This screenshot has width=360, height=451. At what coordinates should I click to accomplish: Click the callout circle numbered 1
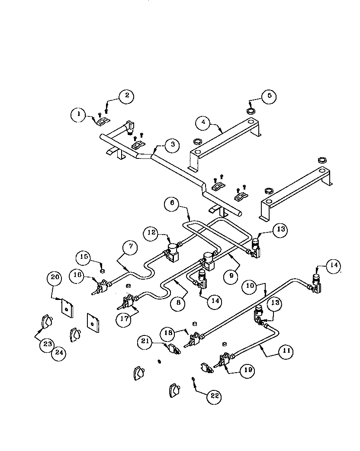coord(78,114)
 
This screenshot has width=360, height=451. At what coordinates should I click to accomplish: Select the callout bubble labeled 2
coord(126,96)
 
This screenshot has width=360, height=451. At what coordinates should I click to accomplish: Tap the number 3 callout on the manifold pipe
coord(172,145)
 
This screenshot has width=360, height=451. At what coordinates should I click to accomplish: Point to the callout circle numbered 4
coord(203,123)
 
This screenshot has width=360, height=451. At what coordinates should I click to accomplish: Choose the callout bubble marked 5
coord(269,96)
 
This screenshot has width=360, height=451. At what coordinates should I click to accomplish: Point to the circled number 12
coord(152,233)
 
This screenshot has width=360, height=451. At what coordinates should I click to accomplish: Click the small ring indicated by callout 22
coord(193,379)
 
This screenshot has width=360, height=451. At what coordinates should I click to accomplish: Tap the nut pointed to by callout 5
coord(251,111)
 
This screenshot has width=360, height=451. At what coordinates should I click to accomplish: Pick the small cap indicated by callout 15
coord(103,271)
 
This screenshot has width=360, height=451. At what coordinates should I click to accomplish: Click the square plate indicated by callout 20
coord(67,309)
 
